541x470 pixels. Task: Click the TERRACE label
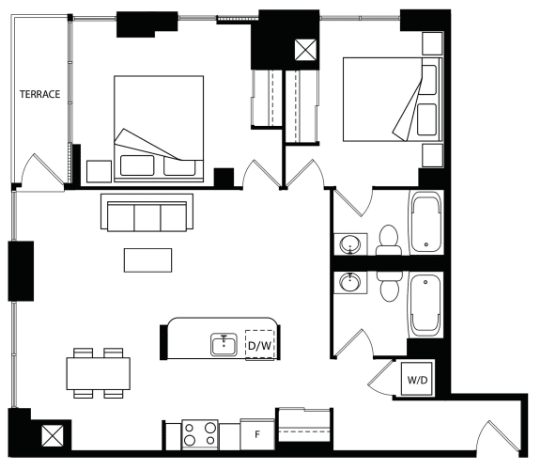tap(39, 94)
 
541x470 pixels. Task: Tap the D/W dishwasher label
tap(259, 345)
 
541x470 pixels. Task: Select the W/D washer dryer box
tap(417, 379)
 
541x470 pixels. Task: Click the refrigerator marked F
tap(257, 434)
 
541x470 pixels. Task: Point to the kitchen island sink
tap(224, 345)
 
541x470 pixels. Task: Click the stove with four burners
tap(200, 434)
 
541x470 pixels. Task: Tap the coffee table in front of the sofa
tap(147, 260)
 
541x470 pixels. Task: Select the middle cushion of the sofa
tap(147, 217)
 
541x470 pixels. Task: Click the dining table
tap(99, 373)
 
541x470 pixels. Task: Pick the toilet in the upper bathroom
tap(389, 241)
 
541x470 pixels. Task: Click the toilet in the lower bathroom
tap(390, 287)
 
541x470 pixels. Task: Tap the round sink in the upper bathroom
tap(350, 244)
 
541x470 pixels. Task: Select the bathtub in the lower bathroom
tap(425, 305)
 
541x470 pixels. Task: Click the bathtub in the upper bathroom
tap(425, 223)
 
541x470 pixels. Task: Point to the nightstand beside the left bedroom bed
tap(99, 171)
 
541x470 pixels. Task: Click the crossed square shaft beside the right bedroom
tap(305, 50)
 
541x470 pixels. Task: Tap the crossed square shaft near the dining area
tap(53, 435)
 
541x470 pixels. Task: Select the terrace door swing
tap(41, 172)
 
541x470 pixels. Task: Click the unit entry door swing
tap(498, 436)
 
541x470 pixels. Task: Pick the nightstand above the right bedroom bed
tap(432, 43)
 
